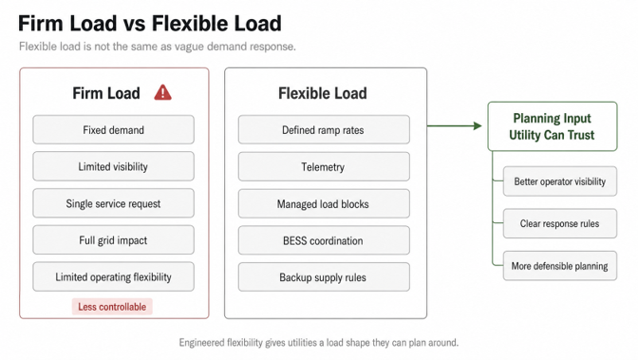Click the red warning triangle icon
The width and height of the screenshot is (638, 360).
pyautogui.click(x=162, y=92)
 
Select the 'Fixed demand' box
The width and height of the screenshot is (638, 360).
pyautogui.click(x=114, y=129)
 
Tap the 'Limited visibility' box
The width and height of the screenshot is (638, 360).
pyautogui.click(x=114, y=166)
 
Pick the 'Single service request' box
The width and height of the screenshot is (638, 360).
pyautogui.click(x=114, y=203)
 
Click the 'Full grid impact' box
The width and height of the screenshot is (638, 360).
pyautogui.click(x=114, y=240)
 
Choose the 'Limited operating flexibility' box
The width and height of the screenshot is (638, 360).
pyautogui.click(x=114, y=277)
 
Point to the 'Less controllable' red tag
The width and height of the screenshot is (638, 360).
pyautogui.click(x=112, y=307)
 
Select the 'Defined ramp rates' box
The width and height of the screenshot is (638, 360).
pyautogui.click(x=324, y=129)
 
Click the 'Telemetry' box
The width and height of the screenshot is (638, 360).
pyautogui.click(x=324, y=166)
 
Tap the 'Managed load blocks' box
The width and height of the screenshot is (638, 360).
pyautogui.click(x=324, y=203)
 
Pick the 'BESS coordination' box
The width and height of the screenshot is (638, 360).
pyautogui.click(x=324, y=240)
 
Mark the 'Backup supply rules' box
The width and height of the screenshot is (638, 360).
pyautogui.click(x=324, y=277)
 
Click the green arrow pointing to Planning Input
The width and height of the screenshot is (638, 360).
pyautogui.click(x=455, y=125)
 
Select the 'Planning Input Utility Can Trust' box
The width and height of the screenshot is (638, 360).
pyautogui.click(x=553, y=126)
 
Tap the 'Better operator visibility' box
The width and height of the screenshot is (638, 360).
pyautogui.click(x=560, y=181)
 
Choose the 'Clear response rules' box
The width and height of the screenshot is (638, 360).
pyautogui.click(x=560, y=223)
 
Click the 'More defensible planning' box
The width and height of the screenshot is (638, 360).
pyautogui.click(x=560, y=266)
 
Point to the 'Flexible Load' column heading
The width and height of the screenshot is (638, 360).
pyautogui.click(x=323, y=93)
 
